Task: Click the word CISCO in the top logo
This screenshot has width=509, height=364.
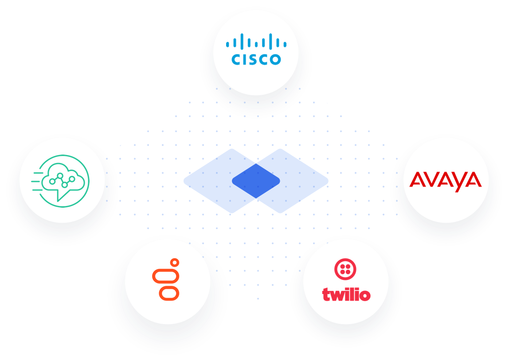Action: click(256, 59)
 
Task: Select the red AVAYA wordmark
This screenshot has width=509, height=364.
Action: click(446, 180)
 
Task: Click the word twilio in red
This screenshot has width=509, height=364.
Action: click(346, 294)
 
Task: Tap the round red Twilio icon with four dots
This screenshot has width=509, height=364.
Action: click(345, 269)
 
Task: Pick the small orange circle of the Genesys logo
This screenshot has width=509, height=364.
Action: click(175, 263)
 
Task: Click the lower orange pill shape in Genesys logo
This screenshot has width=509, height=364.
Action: click(169, 293)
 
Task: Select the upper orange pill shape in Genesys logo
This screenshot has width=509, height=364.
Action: click(165, 276)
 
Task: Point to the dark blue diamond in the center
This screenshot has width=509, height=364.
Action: click(256, 181)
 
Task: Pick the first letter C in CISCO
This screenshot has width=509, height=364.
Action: click(236, 59)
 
